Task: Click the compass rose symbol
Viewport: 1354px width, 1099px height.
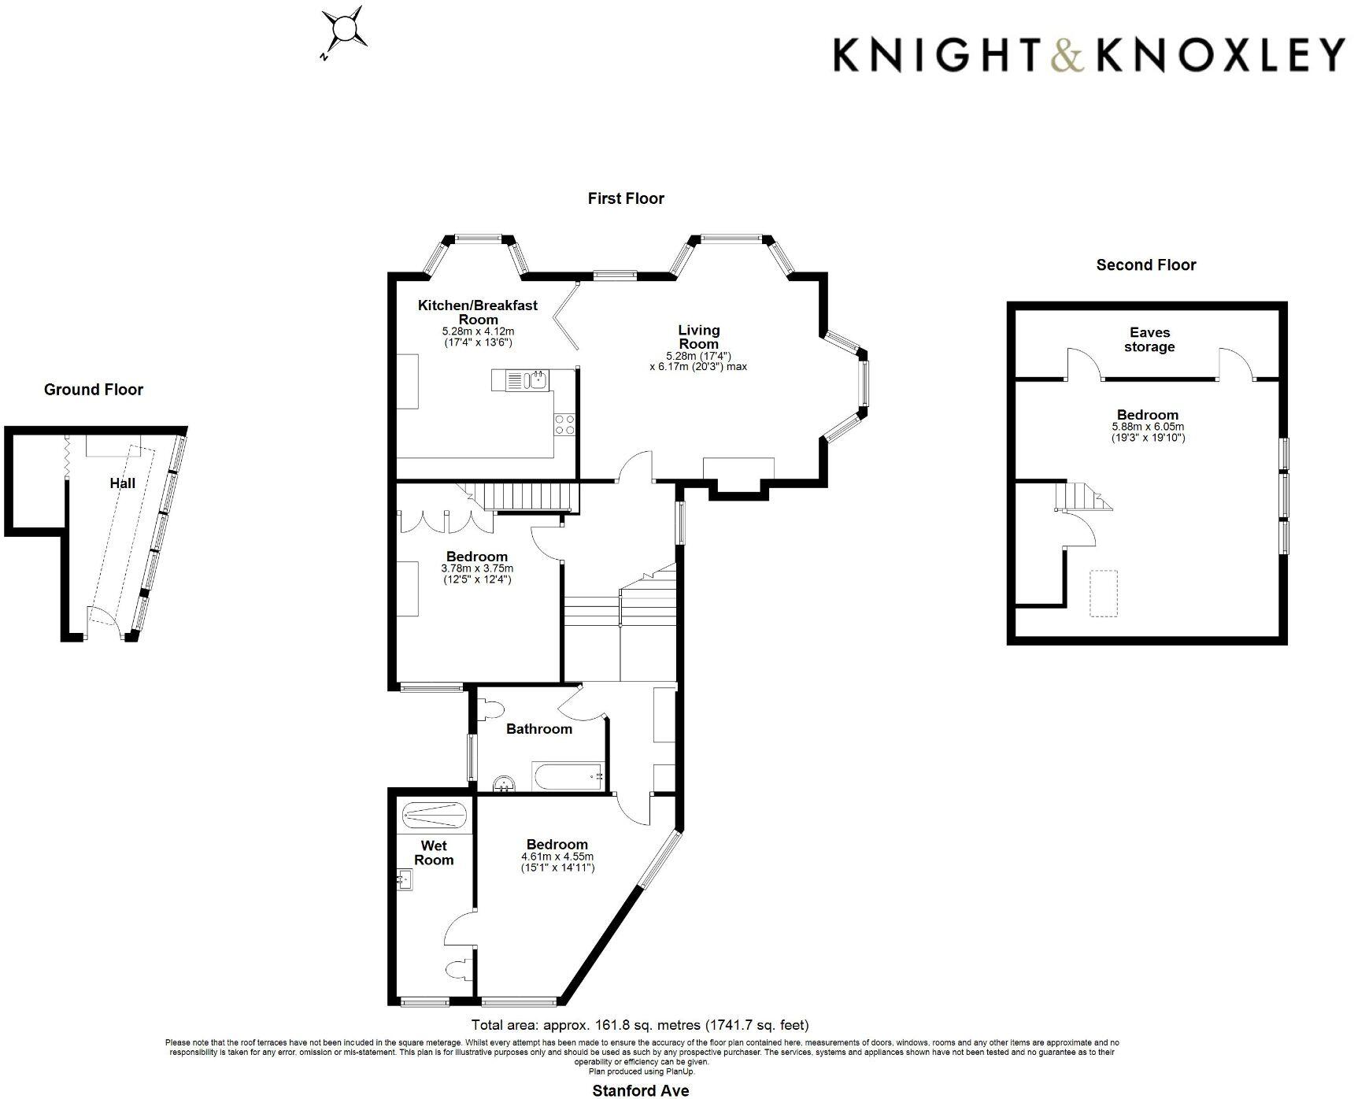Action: tap(345, 31)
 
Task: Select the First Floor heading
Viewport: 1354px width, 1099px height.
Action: tap(626, 199)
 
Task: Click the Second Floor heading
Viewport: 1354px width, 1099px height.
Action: tap(1145, 265)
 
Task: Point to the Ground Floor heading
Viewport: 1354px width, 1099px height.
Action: tap(94, 390)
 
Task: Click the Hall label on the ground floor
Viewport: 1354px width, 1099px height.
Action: tap(122, 483)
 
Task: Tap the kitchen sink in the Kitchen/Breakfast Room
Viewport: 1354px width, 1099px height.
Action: tap(538, 380)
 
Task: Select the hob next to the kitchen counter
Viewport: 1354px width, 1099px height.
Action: tap(564, 424)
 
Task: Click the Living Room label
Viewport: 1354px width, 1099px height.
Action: tap(698, 337)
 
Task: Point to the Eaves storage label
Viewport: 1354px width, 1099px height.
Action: tap(1149, 340)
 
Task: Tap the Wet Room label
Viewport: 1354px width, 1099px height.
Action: tap(434, 853)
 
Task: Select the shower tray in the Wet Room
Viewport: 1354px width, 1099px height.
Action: tap(434, 812)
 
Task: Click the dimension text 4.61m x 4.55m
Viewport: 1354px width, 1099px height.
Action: tap(557, 857)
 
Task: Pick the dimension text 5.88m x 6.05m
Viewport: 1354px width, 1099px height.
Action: tap(1147, 427)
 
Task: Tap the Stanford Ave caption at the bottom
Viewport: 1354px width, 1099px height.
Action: tap(640, 1090)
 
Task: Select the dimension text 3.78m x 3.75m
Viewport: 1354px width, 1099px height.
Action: tap(477, 568)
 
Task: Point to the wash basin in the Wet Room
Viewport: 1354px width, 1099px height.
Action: tap(405, 879)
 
